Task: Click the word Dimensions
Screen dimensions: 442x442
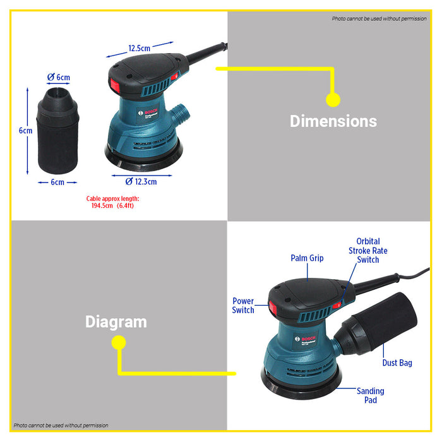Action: point(333,121)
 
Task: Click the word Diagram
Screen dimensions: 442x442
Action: point(116,322)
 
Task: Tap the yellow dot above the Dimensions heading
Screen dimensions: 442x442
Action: point(333,100)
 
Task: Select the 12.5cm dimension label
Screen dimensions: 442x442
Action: point(139,48)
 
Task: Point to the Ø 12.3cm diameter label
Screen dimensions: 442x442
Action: point(141,182)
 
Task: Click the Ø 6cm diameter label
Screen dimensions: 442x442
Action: point(59,77)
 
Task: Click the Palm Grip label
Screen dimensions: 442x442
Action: point(307,258)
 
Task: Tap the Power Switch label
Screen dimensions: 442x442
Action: point(243,306)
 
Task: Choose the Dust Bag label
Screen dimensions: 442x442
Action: point(397,363)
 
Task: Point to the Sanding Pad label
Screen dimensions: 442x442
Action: point(370,396)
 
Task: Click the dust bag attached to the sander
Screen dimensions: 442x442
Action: point(379,325)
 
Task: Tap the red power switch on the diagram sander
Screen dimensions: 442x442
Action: point(273,308)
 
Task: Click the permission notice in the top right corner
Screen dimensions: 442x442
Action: point(379,18)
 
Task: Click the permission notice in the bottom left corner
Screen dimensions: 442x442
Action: point(61,426)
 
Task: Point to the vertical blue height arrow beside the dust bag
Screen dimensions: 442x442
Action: point(28,131)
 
